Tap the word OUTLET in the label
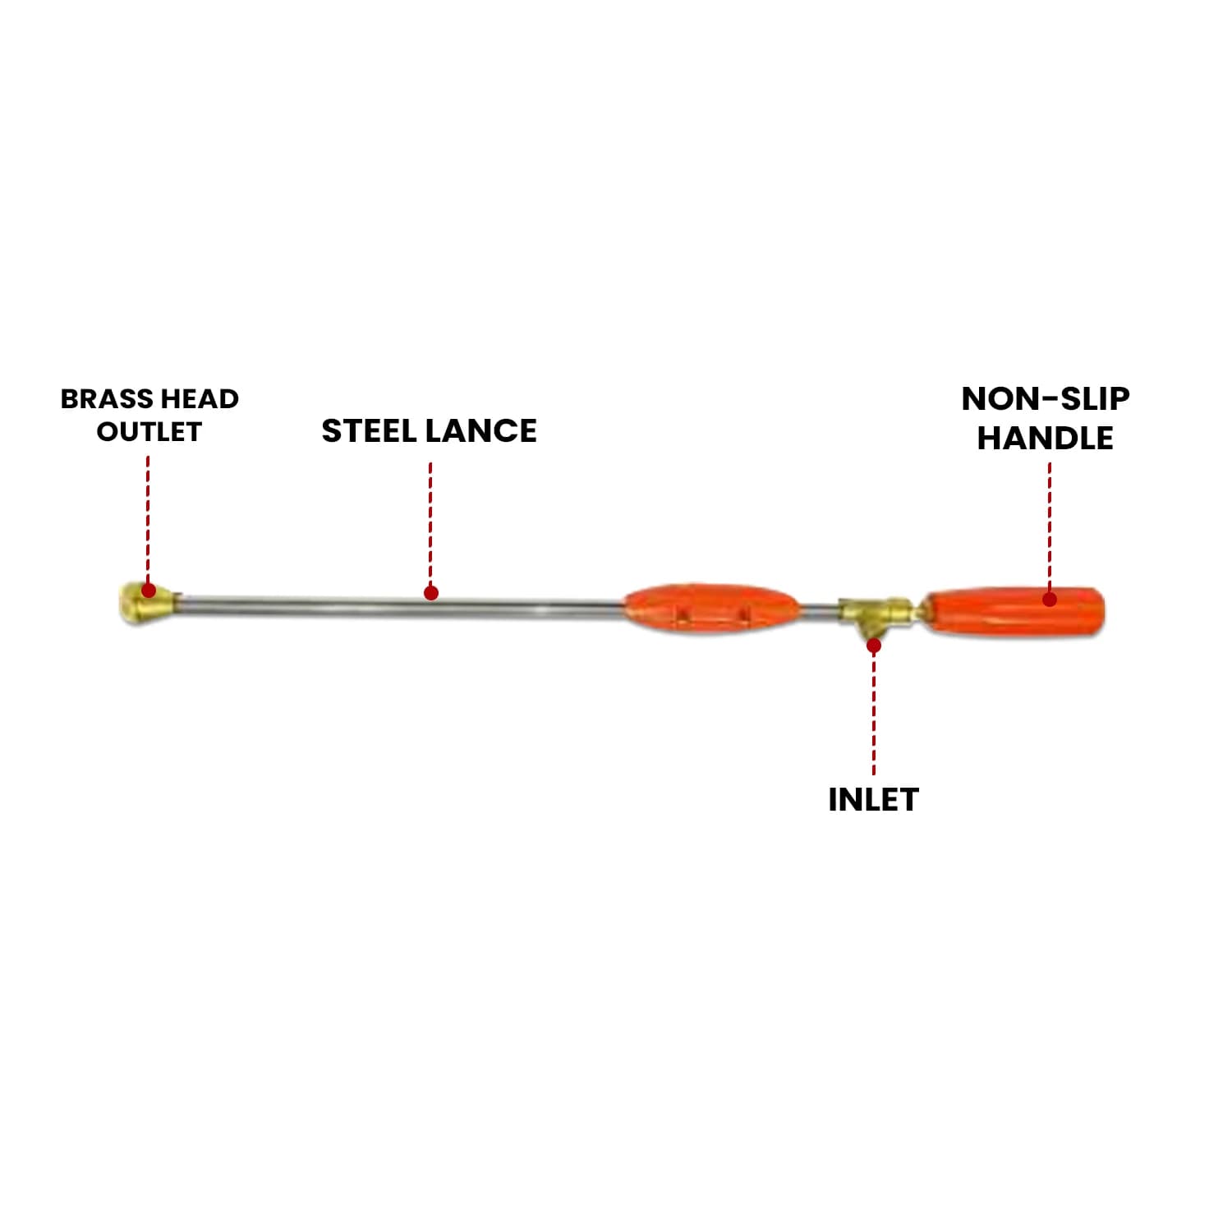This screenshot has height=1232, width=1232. [x=149, y=432]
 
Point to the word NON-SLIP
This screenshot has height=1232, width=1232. [x=1045, y=399]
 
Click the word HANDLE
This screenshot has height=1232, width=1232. [x=1045, y=438]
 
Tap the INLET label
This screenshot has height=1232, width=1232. [x=872, y=799]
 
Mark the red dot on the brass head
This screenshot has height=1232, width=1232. [x=149, y=590]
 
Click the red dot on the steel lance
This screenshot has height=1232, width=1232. [x=430, y=593]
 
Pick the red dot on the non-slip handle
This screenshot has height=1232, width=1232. [x=1050, y=599]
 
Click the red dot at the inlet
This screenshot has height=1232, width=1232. [x=874, y=646]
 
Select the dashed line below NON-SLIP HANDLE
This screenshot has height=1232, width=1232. [x=1050, y=526]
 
